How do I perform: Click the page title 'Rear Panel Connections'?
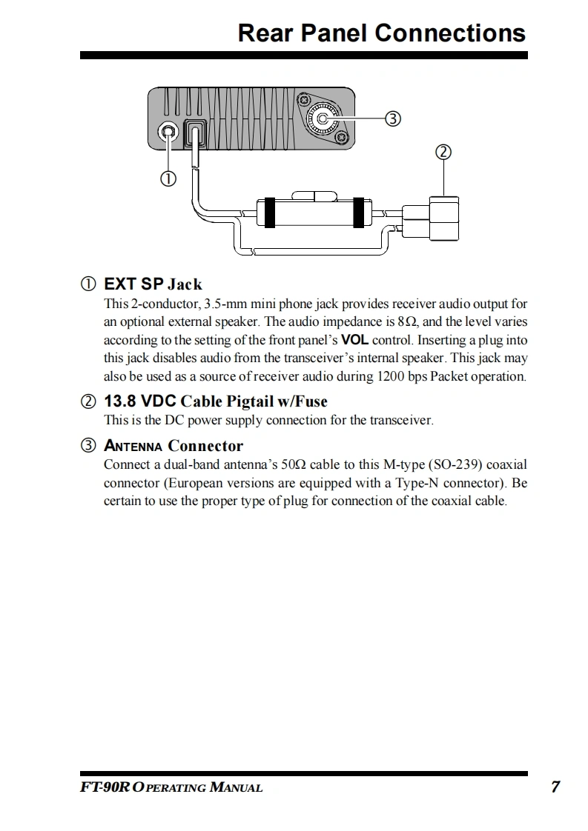coord(381,33)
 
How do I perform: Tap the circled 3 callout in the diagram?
coord(394,119)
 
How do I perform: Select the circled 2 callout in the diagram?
coord(443,152)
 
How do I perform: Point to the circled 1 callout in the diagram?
coord(168,178)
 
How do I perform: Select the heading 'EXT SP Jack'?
coord(153,284)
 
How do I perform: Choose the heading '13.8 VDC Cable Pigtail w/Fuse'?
coord(215,401)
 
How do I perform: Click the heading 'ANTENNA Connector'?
coord(174,446)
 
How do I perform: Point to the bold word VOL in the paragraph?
coord(354,341)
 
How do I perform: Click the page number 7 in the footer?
coord(555,787)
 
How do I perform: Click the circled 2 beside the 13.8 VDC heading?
coord(88,402)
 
